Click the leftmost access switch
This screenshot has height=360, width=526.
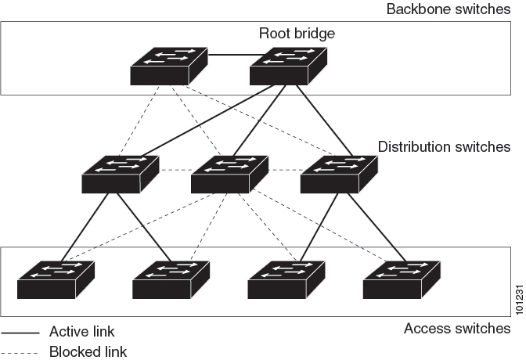coord(56,279)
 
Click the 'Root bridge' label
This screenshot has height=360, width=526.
coord(297,34)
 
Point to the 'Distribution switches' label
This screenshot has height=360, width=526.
coord(444,147)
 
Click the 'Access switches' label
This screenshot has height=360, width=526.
coord(456,328)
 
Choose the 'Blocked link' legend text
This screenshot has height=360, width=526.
coord(88,351)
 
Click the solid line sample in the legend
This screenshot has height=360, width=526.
coord(20,332)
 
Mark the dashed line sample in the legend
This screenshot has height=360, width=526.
coord(20,351)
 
